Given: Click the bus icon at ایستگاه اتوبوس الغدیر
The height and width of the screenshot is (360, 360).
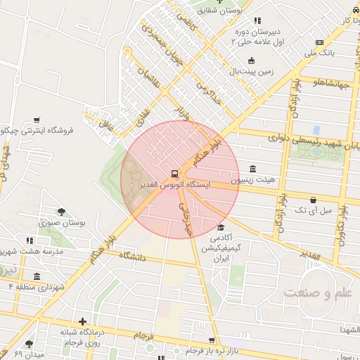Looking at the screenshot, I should tap(173, 173).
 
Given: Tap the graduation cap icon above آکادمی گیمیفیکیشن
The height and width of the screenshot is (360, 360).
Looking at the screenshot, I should tap(221, 227).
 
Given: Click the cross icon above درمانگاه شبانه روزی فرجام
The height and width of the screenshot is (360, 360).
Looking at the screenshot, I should tap(83, 321).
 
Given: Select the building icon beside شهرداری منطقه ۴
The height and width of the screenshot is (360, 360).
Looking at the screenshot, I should tap(36, 276).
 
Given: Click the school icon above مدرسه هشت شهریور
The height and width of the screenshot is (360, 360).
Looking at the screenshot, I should tap(30, 240).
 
